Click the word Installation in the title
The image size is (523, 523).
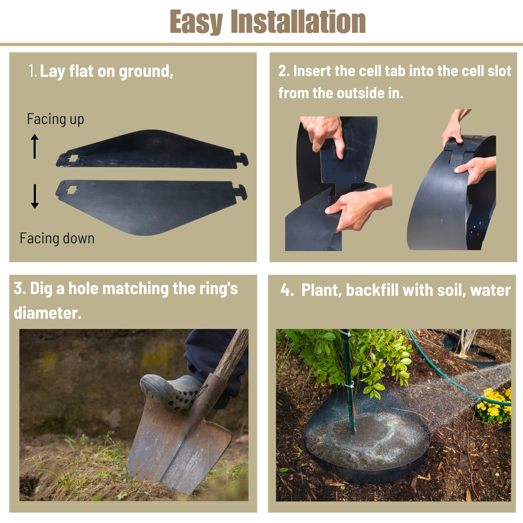click(298, 21)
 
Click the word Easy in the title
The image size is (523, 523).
click(196, 22)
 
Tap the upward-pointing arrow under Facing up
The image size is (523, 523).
click(35, 146)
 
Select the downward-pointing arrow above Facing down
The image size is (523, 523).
click(35, 196)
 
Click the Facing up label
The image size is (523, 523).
click(55, 120)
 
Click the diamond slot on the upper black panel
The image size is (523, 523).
click(73, 158)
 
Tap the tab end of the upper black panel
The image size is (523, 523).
click(242, 159)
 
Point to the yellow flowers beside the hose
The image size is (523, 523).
click(494, 405)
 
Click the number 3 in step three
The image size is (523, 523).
click(18, 288)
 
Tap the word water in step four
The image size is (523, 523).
click(490, 291)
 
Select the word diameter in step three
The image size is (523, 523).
click(47, 313)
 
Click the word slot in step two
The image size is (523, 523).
click(500, 71)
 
